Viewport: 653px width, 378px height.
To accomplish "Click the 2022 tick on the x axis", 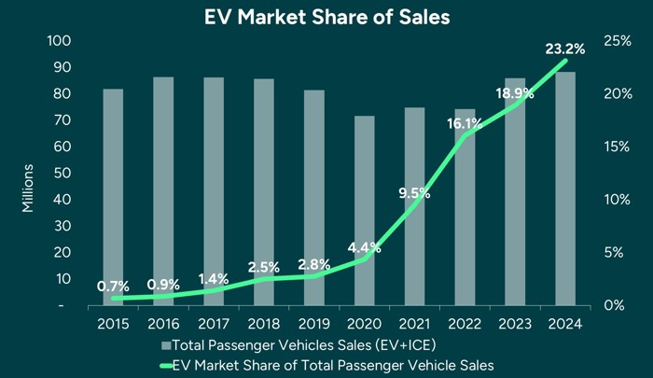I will [465, 324].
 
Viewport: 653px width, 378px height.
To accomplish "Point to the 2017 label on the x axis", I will [215, 324].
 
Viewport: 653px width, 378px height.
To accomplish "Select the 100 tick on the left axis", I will [59, 41].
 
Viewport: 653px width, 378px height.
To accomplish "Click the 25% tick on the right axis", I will [615, 41].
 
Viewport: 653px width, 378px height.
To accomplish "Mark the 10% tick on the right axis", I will [615, 200].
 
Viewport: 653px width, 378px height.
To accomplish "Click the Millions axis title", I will [28, 187].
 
